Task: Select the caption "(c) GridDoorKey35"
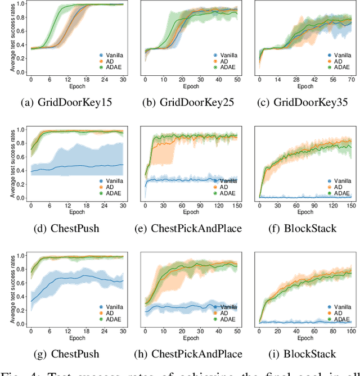[304, 102]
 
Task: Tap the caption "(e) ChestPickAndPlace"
[190, 228]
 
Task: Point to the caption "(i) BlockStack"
[304, 354]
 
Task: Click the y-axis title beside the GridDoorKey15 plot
[12, 38]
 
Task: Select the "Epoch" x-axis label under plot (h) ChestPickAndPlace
[190, 338]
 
